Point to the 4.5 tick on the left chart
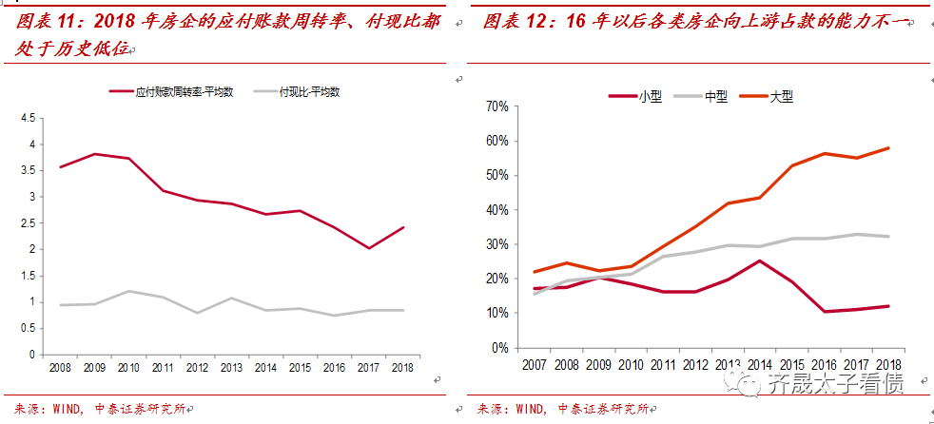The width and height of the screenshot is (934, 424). (26, 118)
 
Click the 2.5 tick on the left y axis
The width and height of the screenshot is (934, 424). (26, 222)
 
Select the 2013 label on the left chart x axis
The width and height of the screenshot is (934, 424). (232, 366)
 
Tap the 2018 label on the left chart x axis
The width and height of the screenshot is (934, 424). (402, 366)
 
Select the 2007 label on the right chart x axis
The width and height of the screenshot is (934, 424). (533, 364)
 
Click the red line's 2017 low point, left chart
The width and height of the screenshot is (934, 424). (369, 248)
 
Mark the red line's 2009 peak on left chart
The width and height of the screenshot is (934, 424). (94, 154)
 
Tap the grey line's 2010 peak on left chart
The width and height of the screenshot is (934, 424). (128, 291)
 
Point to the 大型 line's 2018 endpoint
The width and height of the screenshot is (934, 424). (888, 147)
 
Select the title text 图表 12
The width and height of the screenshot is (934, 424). (514, 22)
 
